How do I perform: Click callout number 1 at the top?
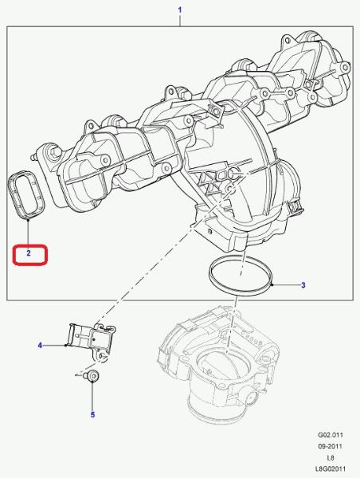pyautogui.click(x=180, y=10)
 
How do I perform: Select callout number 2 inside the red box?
pyautogui.click(x=29, y=253)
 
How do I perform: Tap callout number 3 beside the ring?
pyautogui.click(x=303, y=285)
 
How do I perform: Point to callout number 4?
pyautogui.click(x=40, y=346)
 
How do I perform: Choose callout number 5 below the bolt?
pyautogui.click(x=92, y=414)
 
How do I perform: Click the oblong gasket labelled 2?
pyautogui.click(x=10, y=195)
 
